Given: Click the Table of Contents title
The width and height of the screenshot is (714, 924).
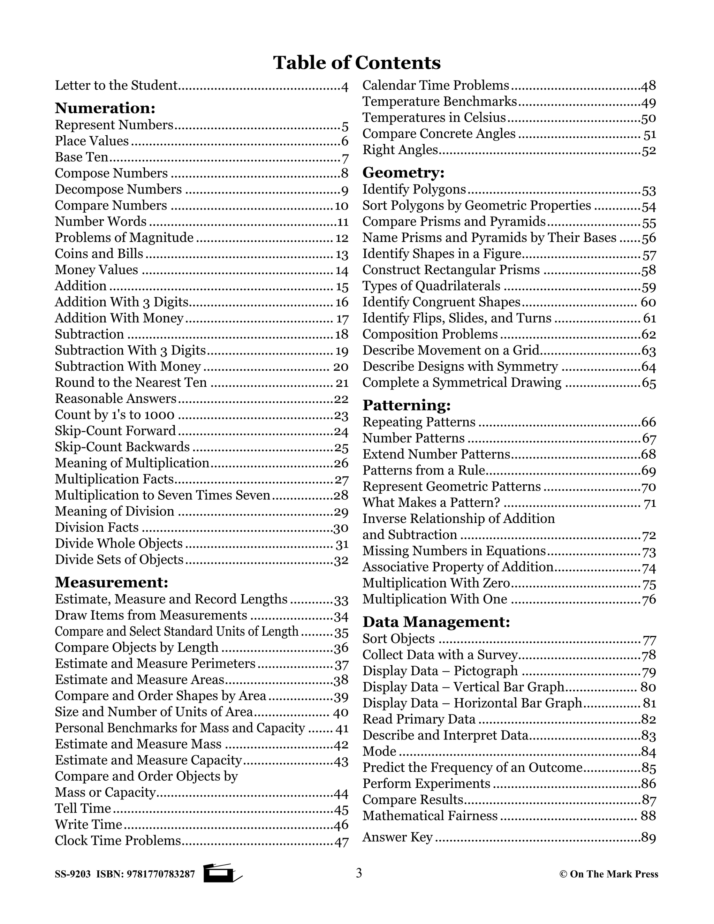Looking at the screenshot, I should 357,63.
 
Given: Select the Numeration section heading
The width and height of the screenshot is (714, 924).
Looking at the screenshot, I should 105,108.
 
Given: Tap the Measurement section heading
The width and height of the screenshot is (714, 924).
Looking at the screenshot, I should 112,583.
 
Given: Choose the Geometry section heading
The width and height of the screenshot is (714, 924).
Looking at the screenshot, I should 403,173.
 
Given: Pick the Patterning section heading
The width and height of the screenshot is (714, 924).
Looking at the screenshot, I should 407,405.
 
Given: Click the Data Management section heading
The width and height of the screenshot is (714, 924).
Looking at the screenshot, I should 436,622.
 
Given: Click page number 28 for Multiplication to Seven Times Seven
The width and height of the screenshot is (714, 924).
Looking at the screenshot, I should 341,495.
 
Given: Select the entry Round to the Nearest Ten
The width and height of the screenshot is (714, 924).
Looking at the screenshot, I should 131,383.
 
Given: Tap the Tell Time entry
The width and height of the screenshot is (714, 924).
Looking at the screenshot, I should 83,809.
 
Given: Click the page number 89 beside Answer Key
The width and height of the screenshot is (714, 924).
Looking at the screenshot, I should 648,838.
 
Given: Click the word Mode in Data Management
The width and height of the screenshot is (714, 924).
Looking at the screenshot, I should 379,751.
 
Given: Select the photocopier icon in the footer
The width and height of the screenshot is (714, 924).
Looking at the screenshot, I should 222,873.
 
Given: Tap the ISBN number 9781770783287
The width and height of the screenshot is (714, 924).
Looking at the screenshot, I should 163,874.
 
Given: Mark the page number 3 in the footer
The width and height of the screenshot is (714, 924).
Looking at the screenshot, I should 359,873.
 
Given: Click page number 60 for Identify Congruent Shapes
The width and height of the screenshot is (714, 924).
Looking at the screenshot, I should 648,303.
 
